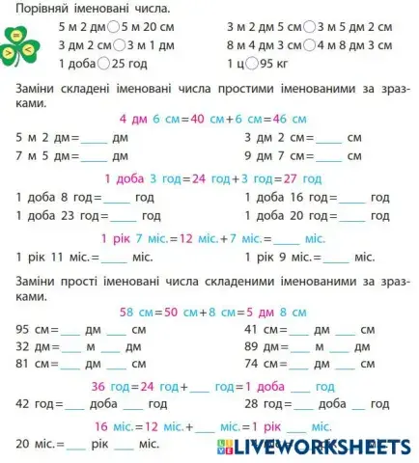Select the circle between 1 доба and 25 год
[103, 64]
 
